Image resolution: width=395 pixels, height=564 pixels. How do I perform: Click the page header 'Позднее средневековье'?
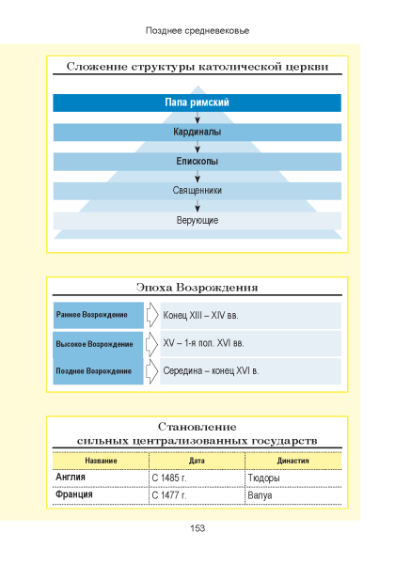[197, 31]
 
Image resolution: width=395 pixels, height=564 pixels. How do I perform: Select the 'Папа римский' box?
[197, 102]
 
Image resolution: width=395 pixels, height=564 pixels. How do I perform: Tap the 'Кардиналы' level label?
[197, 132]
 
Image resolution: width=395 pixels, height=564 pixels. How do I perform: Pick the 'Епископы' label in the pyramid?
[197, 161]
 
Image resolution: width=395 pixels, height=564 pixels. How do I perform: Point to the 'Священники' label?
[197, 190]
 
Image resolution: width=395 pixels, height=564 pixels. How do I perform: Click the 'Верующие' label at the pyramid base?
[197, 220]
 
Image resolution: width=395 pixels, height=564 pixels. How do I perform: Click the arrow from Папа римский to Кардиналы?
[197, 117]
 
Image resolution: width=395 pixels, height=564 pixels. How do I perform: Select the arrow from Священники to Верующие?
[197, 206]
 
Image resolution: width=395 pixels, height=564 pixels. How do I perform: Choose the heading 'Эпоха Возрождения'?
[197, 288]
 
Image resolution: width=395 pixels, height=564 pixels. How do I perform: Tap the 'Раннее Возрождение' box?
[99, 315]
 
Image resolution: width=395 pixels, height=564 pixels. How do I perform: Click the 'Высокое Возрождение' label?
[94, 344]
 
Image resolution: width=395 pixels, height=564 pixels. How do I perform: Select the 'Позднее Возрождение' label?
[93, 371]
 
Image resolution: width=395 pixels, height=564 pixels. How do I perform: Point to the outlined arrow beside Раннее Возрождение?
[152, 315]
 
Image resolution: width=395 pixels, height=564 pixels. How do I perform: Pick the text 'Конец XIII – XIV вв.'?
[200, 316]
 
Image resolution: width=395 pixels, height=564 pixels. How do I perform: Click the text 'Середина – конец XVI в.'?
[211, 371]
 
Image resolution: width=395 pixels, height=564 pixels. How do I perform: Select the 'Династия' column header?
[292, 461]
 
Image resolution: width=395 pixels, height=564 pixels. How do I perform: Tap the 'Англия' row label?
[71, 478]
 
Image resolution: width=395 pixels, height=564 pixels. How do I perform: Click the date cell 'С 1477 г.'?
[169, 495]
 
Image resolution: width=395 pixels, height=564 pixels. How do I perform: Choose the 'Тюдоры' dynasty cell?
[263, 478]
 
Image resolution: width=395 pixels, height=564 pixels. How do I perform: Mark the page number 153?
[197, 528]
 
